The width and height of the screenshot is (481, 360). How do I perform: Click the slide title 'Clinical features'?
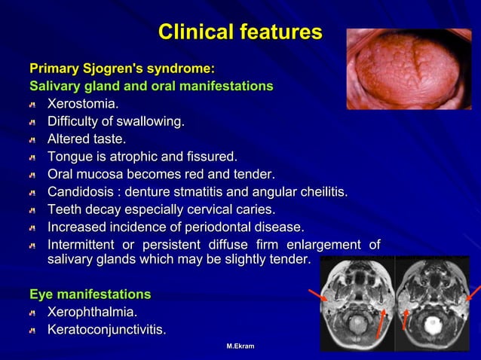click(x=240, y=32)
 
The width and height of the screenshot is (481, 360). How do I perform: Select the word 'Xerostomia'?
click(x=82, y=103)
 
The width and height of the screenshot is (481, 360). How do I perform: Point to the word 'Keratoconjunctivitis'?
click(x=106, y=330)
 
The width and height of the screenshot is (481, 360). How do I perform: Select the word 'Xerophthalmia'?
click(x=92, y=312)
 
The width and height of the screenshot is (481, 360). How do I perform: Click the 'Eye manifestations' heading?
click(x=90, y=294)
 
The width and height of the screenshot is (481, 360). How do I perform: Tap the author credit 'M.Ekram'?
click(x=240, y=346)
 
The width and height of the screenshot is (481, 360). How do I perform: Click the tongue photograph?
click(x=408, y=69)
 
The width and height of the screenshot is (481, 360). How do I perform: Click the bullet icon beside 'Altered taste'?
click(x=32, y=140)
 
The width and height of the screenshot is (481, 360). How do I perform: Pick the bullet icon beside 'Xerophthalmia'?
click(x=32, y=313)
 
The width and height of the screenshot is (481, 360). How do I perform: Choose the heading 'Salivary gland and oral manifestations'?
click(x=151, y=86)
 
